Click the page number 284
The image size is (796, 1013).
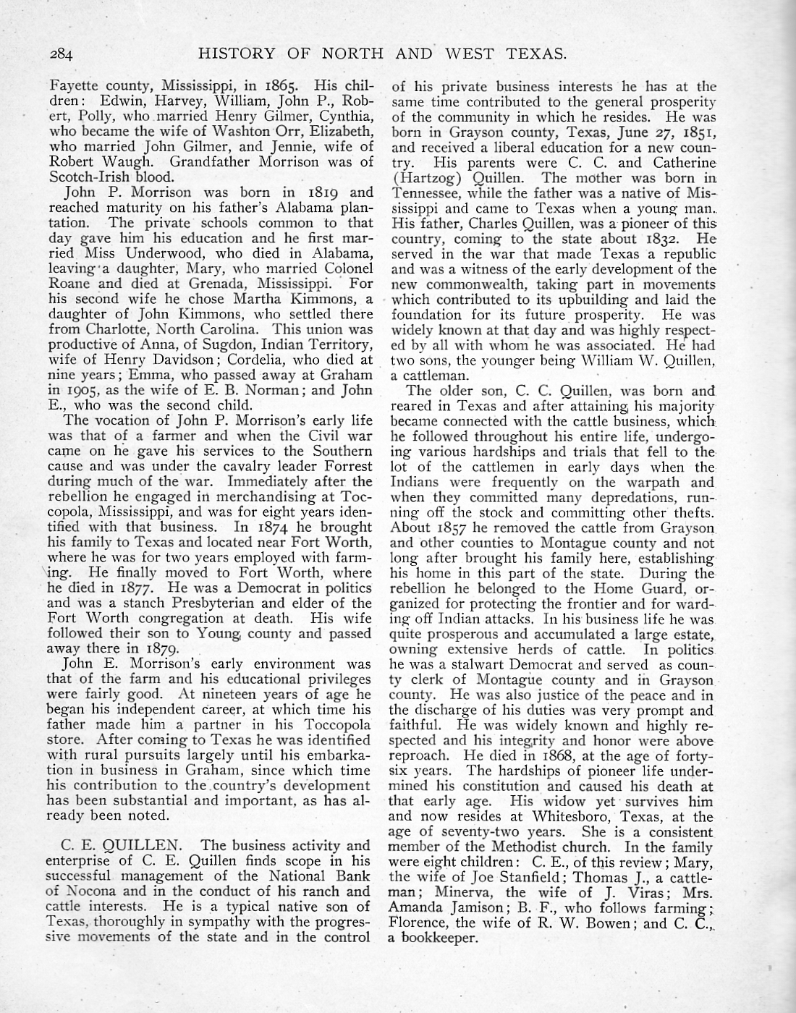pyautogui.click(x=63, y=54)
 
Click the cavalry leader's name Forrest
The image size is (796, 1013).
pyautogui.click(x=346, y=467)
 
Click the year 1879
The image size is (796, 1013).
pyautogui.click(x=165, y=649)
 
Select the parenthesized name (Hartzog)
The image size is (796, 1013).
pyautogui.click(x=420, y=177)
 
